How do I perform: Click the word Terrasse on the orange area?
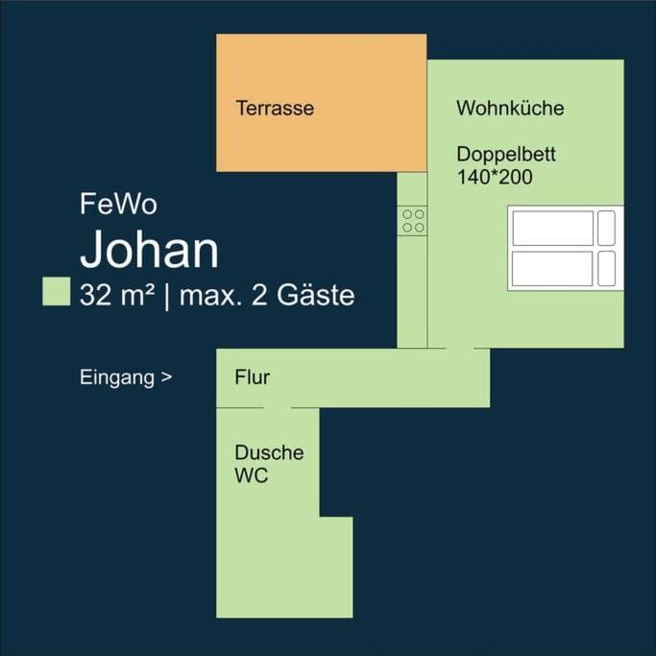(x=275, y=109)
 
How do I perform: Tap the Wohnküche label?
(x=510, y=109)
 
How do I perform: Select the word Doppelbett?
(x=506, y=155)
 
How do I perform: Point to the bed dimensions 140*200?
(x=494, y=177)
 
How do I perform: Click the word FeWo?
(x=118, y=205)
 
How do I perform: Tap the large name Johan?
(x=149, y=250)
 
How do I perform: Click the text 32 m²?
(x=117, y=295)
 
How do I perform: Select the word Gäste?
(x=316, y=295)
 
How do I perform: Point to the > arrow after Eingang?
(x=167, y=378)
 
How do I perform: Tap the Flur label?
(x=252, y=377)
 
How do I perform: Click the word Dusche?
(x=269, y=452)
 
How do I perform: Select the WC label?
(x=252, y=475)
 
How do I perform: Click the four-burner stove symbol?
(x=414, y=221)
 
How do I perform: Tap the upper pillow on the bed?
(x=606, y=228)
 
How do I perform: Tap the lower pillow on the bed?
(x=606, y=269)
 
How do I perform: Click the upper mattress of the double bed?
(x=552, y=228)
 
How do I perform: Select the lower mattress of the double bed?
(x=552, y=269)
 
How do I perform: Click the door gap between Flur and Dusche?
(x=277, y=407)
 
